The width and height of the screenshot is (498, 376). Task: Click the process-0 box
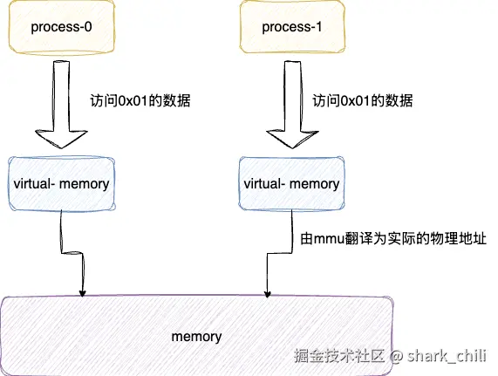coord(61,27)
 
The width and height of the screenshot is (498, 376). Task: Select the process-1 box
coord(292,27)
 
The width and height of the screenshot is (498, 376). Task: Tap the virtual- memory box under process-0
coord(61,183)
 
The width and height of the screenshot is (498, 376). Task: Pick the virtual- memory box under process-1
coord(291,183)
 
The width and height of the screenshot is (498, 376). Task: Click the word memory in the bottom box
coord(196,337)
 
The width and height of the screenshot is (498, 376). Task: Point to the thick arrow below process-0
coord(61,105)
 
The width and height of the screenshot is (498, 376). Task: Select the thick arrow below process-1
coord(292,105)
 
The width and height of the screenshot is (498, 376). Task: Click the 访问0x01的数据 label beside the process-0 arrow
coord(140,101)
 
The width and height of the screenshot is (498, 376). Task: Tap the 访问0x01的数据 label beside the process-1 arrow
coord(363,101)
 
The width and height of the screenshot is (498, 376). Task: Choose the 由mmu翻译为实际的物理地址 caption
coord(393,238)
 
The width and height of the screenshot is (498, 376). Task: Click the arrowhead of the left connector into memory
coord(82,293)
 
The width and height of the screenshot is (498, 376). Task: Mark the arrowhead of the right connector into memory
coord(268,294)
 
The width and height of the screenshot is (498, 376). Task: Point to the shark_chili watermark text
coord(447,356)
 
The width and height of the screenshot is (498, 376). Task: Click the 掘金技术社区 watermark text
coord(339,356)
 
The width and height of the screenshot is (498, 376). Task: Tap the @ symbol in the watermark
coord(396,356)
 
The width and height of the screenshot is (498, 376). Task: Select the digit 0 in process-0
coord(88,27)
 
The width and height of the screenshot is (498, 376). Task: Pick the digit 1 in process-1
coord(318,27)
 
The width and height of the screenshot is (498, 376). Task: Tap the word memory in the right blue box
coord(315,184)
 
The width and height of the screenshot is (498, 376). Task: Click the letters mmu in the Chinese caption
coord(330,240)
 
